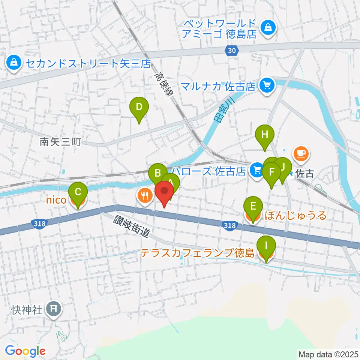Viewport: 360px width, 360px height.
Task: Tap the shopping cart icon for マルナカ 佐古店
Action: point(267,86)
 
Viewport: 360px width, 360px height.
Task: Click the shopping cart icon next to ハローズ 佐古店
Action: point(257,170)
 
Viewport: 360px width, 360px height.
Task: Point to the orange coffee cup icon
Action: point(301,153)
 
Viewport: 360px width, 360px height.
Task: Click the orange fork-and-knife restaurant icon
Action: point(144,195)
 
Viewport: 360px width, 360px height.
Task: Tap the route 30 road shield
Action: point(232,51)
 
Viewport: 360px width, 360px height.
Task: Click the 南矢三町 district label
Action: point(60,142)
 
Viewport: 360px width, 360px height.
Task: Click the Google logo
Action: point(25,351)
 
